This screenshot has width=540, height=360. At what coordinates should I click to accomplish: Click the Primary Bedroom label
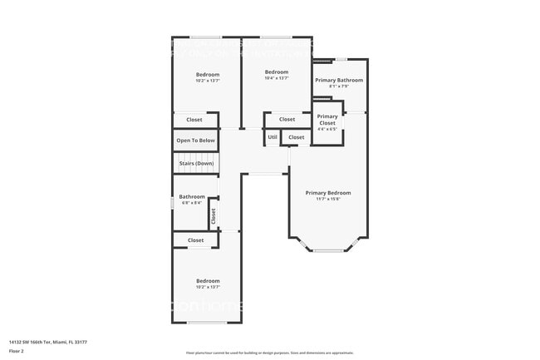[x=327, y=193]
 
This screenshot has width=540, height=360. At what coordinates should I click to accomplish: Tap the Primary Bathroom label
[x=337, y=80]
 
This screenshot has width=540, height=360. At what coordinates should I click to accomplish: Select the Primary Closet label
[x=327, y=120]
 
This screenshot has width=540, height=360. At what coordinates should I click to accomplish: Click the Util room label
[x=272, y=137]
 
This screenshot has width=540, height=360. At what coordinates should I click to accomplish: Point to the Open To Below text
[x=195, y=141]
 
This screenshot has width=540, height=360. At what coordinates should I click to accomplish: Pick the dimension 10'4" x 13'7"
[x=277, y=78]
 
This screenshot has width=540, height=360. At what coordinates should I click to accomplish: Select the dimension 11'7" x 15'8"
[x=327, y=199]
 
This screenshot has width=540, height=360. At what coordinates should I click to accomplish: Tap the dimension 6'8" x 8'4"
[x=192, y=203]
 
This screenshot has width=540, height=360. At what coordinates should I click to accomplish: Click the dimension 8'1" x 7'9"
[x=338, y=86]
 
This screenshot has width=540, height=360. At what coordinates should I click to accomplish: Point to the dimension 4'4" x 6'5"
[x=327, y=129]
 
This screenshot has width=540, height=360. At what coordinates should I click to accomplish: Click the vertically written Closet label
[x=214, y=216]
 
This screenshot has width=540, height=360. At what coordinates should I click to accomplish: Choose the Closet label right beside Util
[x=297, y=137]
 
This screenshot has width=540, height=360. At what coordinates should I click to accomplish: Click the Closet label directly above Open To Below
[x=194, y=120]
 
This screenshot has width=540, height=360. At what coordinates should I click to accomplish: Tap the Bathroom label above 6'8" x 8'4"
[x=192, y=197]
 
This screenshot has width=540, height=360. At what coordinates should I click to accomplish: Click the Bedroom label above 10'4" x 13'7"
[x=277, y=72]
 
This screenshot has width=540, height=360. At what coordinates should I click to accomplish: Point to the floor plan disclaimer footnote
[x=269, y=353]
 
